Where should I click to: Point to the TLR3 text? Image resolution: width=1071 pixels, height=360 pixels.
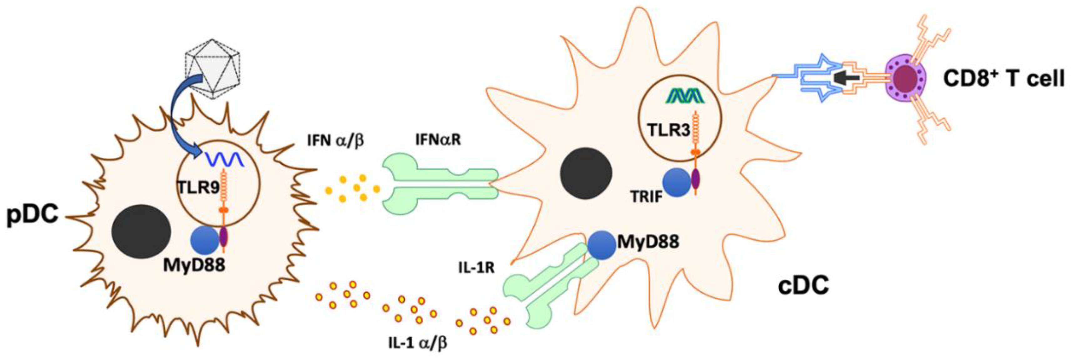tap(669, 131)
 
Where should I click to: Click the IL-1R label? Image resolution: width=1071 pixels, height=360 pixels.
tap(477, 268)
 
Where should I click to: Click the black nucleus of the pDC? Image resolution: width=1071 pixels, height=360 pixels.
tap(141, 231)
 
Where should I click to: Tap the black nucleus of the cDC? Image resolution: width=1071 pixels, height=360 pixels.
tap(586, 173)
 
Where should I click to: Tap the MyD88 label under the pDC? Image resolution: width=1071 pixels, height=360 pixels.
tap(194, 265)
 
